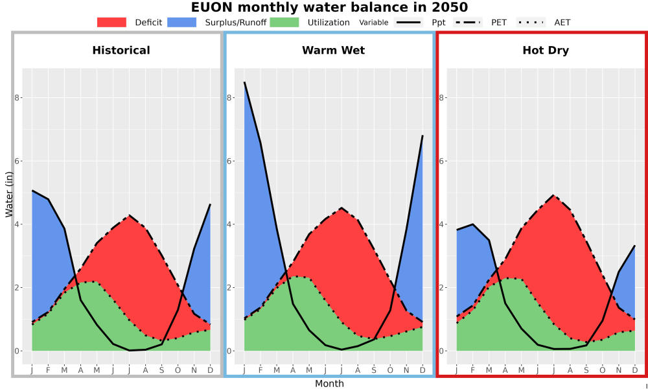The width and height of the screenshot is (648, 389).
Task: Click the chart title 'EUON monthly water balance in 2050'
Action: coord(329,7)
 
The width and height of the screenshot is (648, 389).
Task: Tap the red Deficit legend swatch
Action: coord(111,22)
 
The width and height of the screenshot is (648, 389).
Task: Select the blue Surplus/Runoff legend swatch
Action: coord(182,22)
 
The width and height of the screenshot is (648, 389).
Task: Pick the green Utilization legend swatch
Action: coord(284,22)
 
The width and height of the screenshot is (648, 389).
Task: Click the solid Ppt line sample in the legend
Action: coord(408,22)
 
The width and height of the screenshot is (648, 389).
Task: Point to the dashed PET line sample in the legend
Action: coord(468,22)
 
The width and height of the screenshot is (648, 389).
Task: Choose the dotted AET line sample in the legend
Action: coord(531,22)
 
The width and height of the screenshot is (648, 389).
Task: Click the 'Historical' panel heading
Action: coord(121,51)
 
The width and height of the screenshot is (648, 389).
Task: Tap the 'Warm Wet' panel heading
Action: coord(334,51)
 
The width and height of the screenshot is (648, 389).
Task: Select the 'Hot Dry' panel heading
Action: coord(546,51)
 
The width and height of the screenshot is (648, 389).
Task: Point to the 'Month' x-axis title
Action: coord(329,384)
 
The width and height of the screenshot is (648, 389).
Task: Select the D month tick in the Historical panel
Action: coord(211,370)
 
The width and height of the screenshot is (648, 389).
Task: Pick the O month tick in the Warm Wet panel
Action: coord(390,370)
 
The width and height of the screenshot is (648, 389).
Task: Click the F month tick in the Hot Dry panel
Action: coord(473,370)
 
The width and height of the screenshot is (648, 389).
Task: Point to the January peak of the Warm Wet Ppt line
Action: coord(244,82)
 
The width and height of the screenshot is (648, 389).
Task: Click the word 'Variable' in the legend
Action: coord(374,23)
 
